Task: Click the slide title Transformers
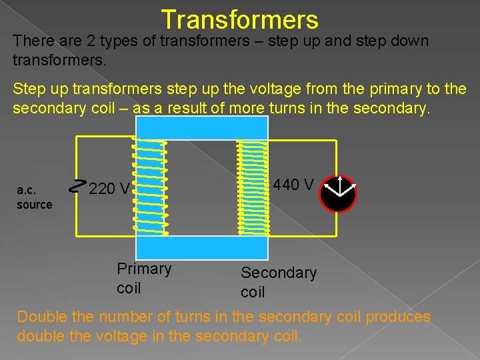point(239,19)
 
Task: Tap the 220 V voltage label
point(109,189)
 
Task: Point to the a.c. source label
point(34,198)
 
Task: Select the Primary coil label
point(143,278)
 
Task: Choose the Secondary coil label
point(278,282)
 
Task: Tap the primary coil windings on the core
point(150,187)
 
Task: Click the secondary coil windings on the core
point(253,187)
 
